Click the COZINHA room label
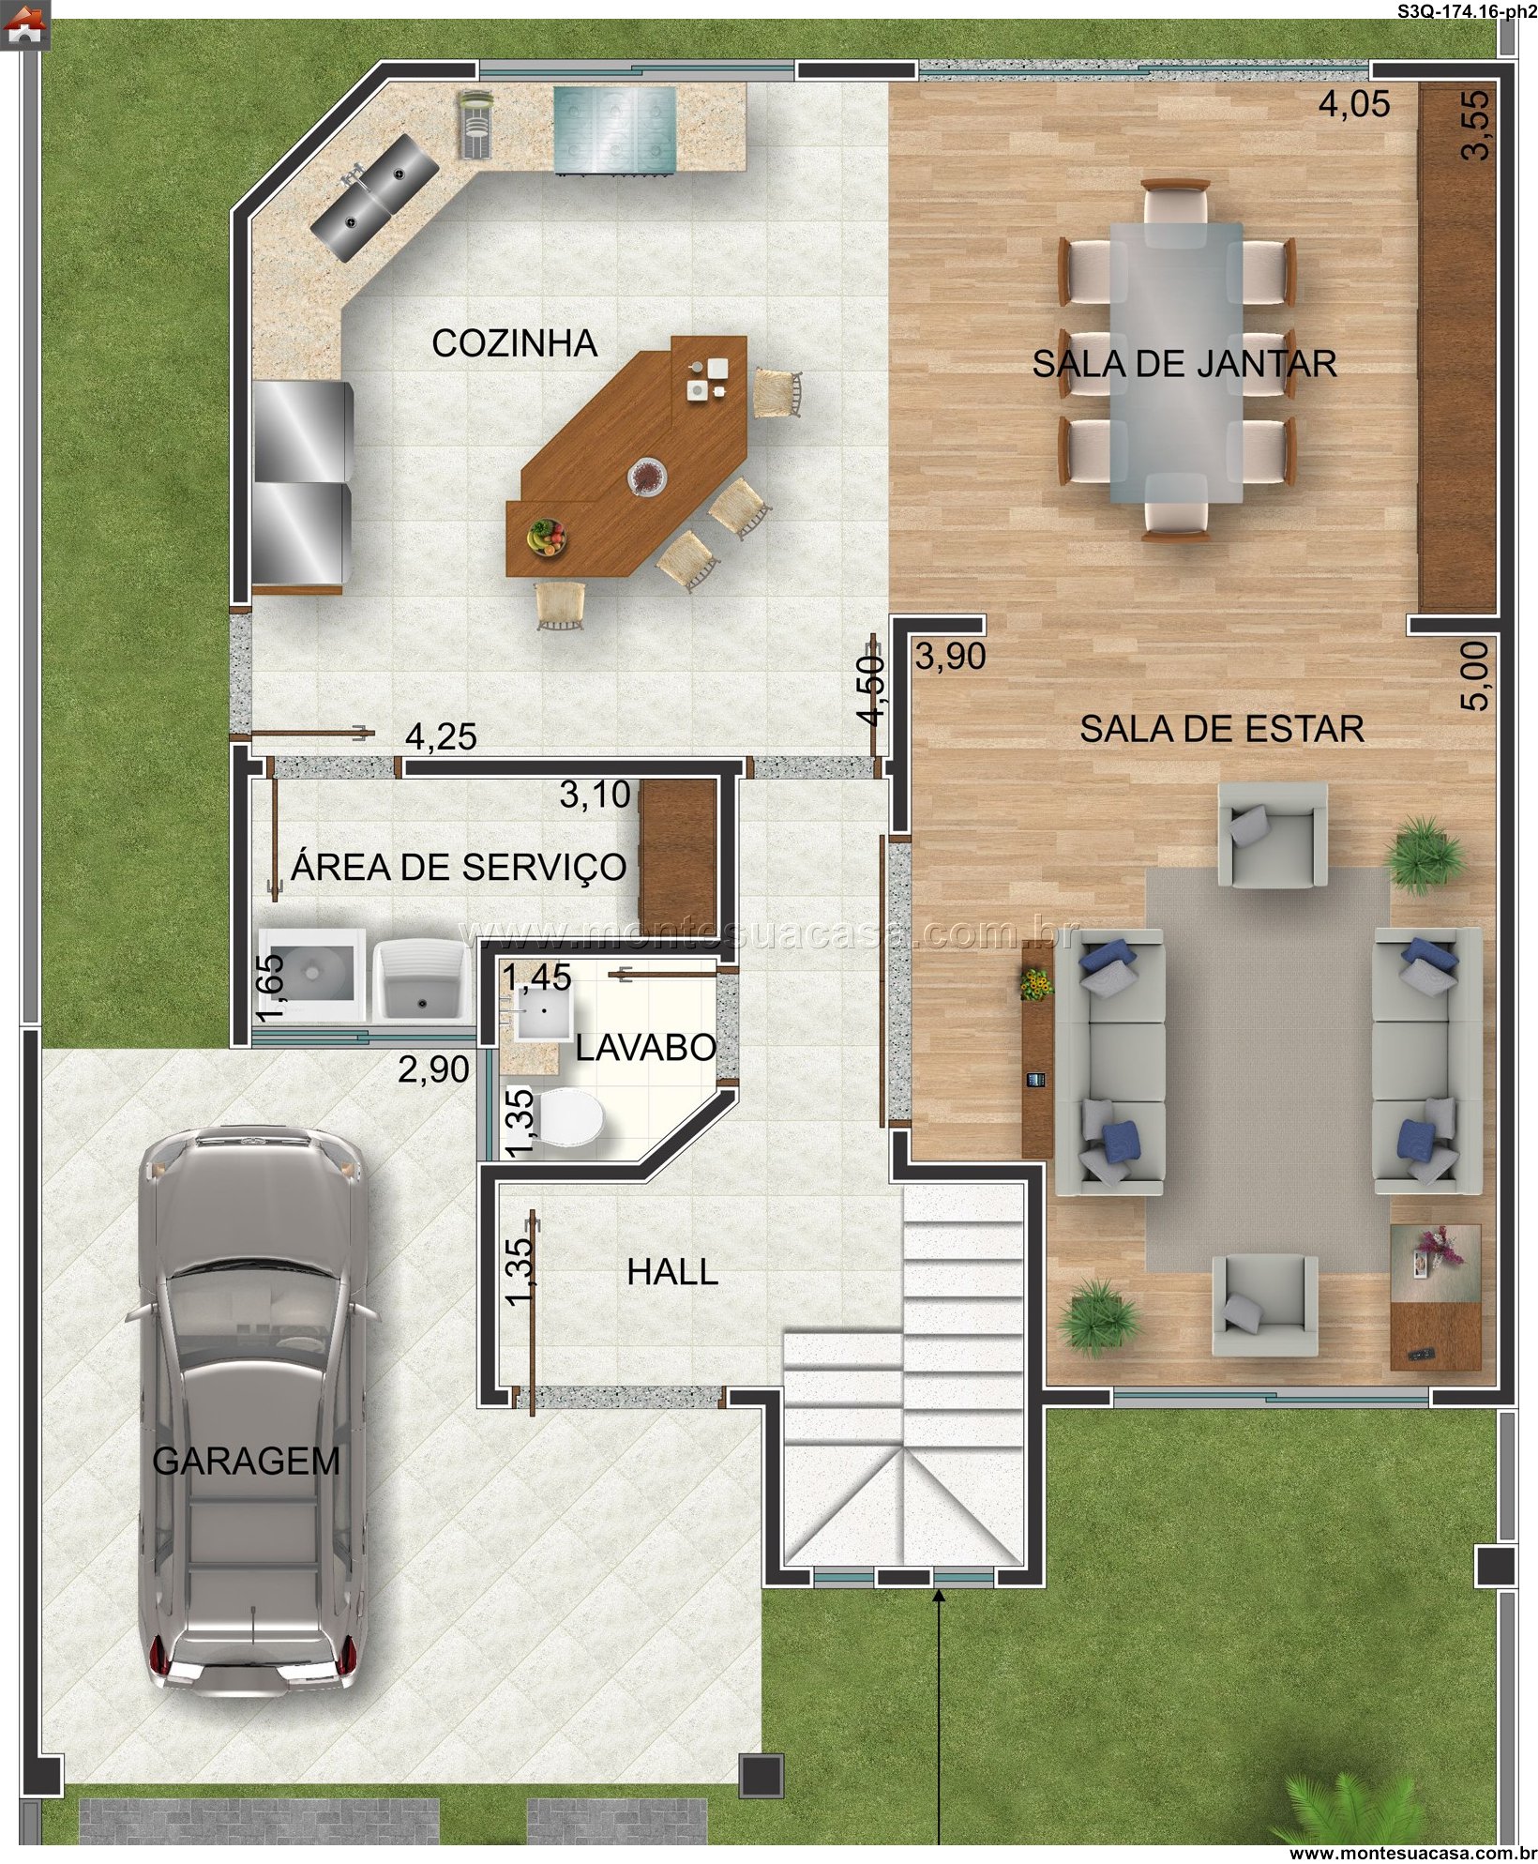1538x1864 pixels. (514, 343)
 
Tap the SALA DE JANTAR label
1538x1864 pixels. (1184, 363)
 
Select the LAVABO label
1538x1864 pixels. (645, 1048)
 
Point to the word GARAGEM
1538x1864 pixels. (246, 1462)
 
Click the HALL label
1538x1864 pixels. (672, 1273)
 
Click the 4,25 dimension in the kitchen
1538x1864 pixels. (441, 736)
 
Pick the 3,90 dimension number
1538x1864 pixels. (950, 657)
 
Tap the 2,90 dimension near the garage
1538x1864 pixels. (433, 1069)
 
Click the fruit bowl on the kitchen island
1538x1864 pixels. (547, 538)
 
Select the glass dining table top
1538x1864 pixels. (1176, 362)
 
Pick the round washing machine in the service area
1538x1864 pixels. (307, 973)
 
